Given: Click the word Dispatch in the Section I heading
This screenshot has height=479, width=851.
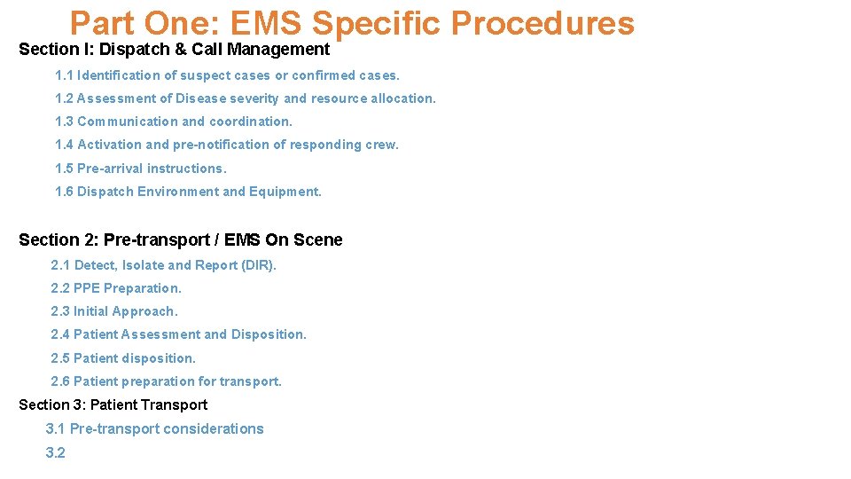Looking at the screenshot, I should coord(133,50).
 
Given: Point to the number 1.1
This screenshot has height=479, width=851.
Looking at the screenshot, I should coord(64,75).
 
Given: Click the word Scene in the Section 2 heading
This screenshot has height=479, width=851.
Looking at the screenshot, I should coord(318,240).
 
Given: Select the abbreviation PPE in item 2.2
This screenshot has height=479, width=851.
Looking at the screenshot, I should coord(87,288).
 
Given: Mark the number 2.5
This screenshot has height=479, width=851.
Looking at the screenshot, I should coord(60,358).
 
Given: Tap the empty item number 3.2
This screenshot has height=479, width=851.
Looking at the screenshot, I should coord(56,452).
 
